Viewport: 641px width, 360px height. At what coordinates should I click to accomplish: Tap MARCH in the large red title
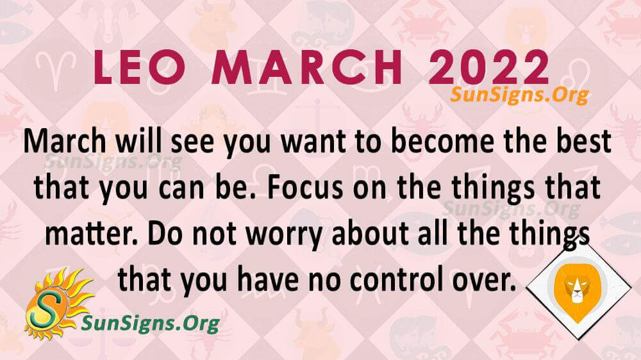click(x=308, y=67)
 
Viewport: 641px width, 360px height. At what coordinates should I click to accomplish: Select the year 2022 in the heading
click(x=489, y=67)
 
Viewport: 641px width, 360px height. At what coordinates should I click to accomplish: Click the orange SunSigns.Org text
click(x=520, y=95)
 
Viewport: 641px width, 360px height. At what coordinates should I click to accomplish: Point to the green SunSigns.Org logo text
click(x=151, y=323)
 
